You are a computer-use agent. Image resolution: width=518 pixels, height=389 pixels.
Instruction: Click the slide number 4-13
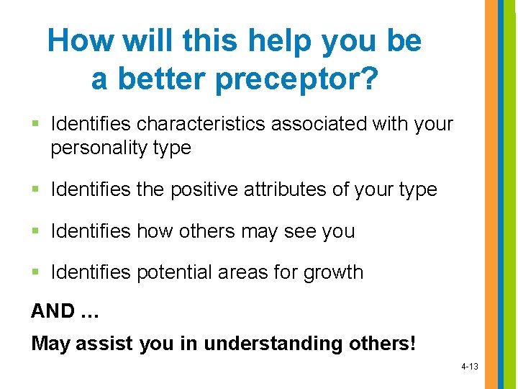tap(469, 367)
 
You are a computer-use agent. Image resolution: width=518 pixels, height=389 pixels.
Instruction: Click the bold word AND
tap(53, 311)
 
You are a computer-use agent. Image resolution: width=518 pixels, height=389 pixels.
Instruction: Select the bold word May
tap(51, 344)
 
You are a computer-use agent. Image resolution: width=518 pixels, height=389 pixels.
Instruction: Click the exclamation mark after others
tap(412, 343)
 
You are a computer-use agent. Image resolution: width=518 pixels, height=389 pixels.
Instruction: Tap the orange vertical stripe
tap(490, 194)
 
